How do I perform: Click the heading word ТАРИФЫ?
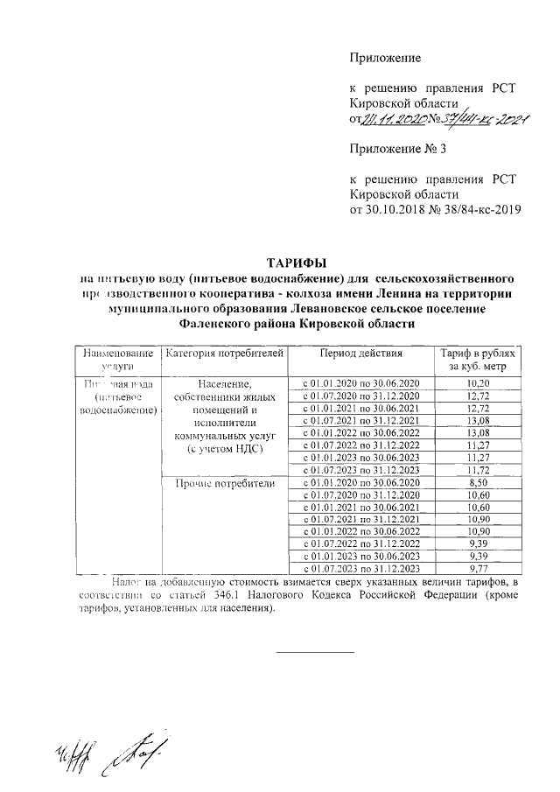295,263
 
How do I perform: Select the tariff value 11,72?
479,470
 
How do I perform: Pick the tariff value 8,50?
479,482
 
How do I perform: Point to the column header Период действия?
360,354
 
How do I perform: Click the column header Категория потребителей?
225,354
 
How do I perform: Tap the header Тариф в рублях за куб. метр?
479,360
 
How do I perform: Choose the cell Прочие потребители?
225,483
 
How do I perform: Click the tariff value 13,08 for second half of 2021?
479,420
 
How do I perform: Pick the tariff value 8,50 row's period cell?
360,482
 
